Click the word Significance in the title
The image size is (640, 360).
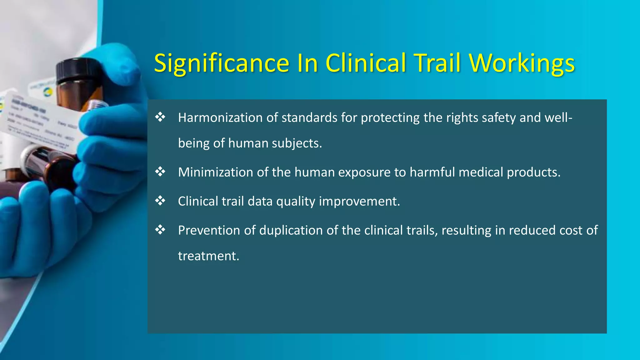pyautogui.click(x=222, y=63)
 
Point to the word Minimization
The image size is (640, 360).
pyautogui.click(x=215, y=172)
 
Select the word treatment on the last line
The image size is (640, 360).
pyautogui.click(x=208, y=256)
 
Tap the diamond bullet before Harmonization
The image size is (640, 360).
pyautogui.click(x=160, y=117)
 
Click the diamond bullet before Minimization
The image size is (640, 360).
pyautogui.click(x=160, y=172)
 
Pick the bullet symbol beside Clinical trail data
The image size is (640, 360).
pyautogui.click(x=160, y=201)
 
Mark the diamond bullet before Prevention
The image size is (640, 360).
pyautogui.click(x=160, y=230)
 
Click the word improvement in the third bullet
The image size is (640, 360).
pyautogui.click(x=359, y=201)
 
